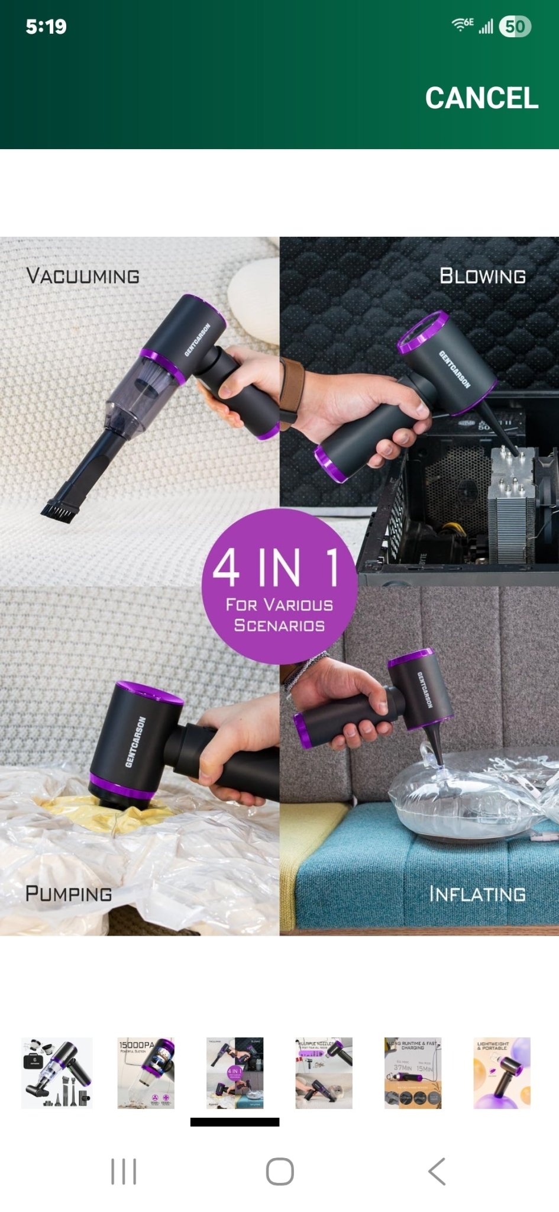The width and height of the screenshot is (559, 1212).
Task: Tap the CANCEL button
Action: coord(481,98)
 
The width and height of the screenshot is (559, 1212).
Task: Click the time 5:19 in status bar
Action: coord(46,27)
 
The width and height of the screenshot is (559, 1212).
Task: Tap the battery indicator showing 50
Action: coord(515,26)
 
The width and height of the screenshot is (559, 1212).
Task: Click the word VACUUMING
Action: coord(83,276)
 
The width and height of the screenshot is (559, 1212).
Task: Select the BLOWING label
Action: coord(482,276)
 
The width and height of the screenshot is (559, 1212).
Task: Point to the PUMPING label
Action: coord(69,893)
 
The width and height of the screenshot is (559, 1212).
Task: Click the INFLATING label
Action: coord(477,894)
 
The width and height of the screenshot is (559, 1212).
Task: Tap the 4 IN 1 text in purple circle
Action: coord(276,566)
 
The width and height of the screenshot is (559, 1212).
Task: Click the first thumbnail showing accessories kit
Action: coord(57,1072)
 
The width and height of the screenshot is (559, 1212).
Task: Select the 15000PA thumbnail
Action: coord(146,1072)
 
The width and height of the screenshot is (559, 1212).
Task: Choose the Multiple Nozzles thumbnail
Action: coord(324,1072)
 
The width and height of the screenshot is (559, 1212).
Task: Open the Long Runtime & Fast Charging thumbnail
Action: coord(413,1072)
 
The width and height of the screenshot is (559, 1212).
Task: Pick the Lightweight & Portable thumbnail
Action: coord(502,1072)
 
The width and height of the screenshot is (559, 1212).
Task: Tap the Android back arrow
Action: coord(437,1171)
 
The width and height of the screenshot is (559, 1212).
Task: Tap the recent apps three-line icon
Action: coord(124,1171)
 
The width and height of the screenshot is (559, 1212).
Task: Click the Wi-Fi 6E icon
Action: coord(462,24)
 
